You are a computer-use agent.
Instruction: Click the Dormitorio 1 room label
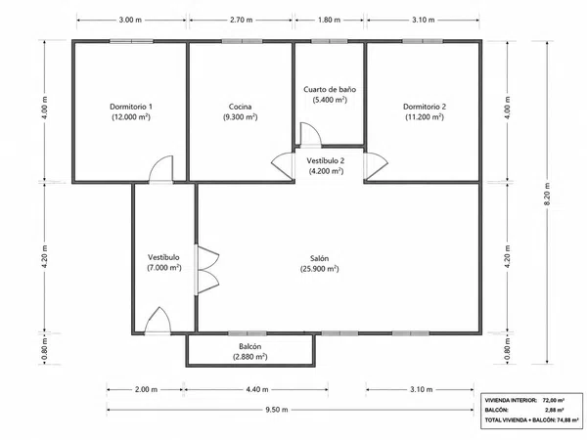coord(131,107)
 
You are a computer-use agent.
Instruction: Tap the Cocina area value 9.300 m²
coord(241,117)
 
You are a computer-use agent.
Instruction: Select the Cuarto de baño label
coord(330,89)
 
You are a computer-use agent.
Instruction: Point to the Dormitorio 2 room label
coord(425,107)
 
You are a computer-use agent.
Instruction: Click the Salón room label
coord(319,258)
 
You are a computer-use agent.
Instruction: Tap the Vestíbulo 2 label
coord(326,161)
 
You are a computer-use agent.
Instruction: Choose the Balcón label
coord(250,346)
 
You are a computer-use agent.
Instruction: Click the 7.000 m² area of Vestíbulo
coord(164,268)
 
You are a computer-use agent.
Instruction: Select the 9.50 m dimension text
coord(277,410)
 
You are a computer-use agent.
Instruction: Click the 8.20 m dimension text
coord(547,194)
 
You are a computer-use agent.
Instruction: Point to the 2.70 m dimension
coord(241,20)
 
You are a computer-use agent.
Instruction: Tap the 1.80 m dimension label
coord(329,20)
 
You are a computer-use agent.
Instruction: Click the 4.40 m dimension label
coord(257,389)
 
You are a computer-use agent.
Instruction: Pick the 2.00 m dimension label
coord(146,389)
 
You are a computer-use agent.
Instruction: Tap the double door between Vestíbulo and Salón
coord(208,270)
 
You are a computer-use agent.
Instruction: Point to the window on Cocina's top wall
coord(242,41)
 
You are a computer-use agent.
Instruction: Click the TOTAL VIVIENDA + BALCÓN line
coord(532,420)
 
